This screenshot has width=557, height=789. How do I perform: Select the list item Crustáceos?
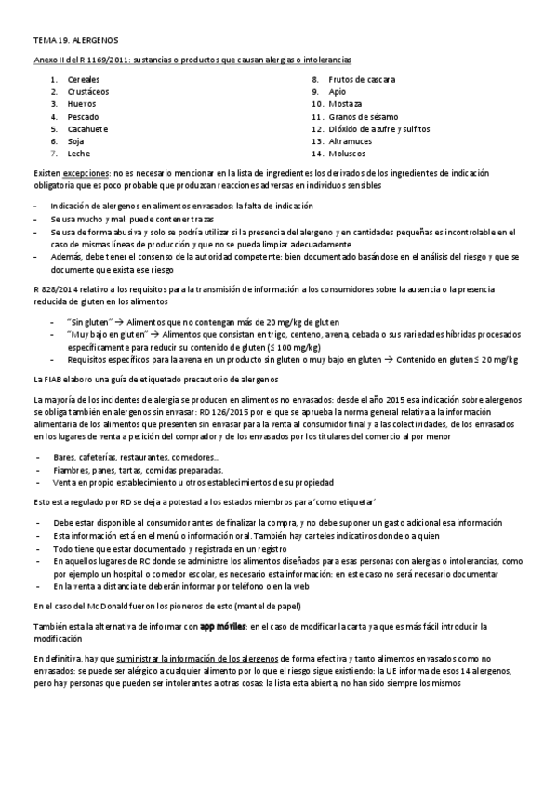pos(87,92)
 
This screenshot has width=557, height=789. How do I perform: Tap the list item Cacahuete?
pos(87,128)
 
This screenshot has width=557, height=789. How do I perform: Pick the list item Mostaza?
pos(346,104)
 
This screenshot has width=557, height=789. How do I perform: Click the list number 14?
pos(317,153)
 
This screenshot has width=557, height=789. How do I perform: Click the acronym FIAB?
pos(57,380)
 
